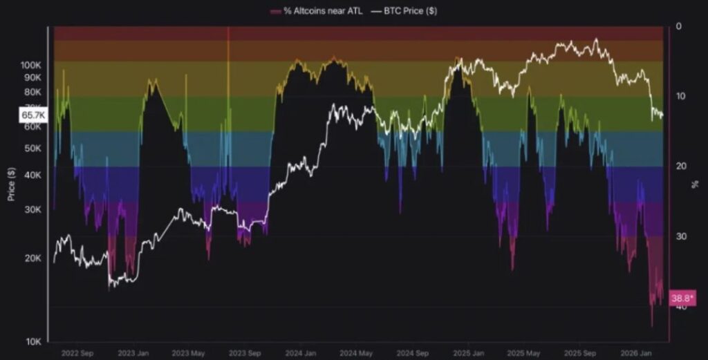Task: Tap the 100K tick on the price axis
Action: (x=31, y=65)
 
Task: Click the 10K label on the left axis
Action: (x=34, y=342)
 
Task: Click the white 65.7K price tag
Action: (x=32, y=116)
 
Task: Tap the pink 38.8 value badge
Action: (x=682, y=299)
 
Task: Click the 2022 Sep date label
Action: (x=77, y=352)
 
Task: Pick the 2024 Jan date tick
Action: (x=301, y=352)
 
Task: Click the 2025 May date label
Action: (x=524, y=352)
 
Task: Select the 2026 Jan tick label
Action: (x=637, y=352)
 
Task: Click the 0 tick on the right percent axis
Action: (x=678, y=26)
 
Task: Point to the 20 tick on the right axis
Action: (x=680, y=166)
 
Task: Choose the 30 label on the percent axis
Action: (x=680, y=236)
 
